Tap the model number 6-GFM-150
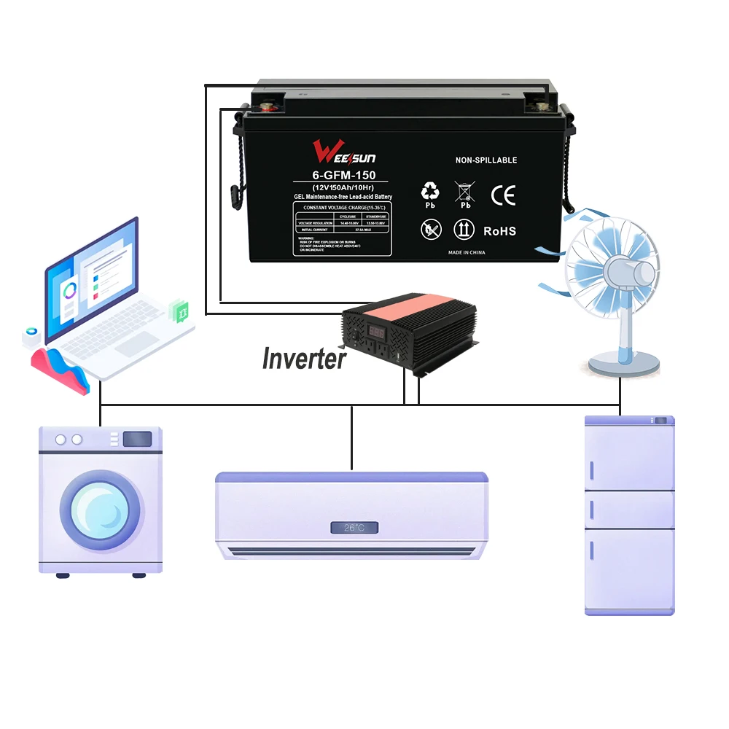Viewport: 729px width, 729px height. (x=340, y=176)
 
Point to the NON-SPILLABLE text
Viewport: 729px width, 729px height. (x=486, y=160)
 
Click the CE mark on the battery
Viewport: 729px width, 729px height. (x=502, y=195)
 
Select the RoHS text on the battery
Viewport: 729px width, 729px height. (x=499, y=231)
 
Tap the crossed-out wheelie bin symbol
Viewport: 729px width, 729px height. (x=464, y=192)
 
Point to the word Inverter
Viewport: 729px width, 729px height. (x=303, y=359)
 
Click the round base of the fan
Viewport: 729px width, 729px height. (x=625, y=362)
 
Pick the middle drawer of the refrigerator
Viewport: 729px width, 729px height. (x=630, y=510)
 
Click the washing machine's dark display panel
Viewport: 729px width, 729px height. (x=136, y=439)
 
